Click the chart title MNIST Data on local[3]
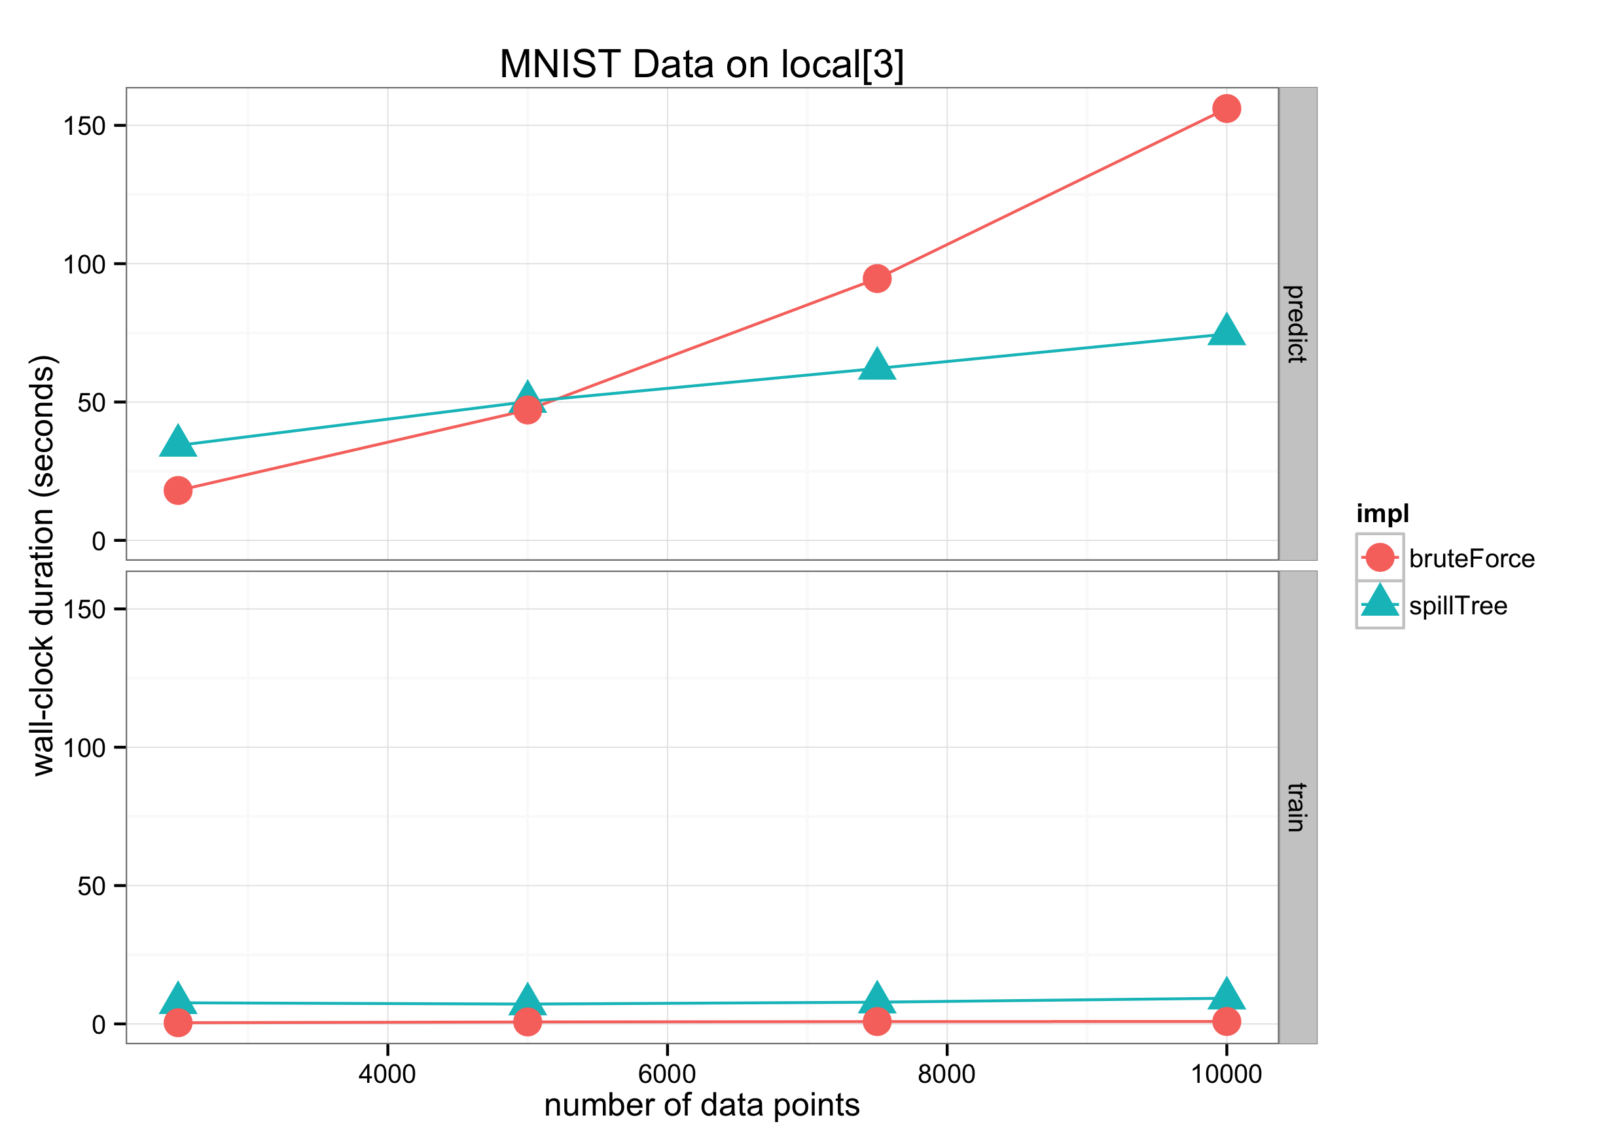click(x=701, y=64)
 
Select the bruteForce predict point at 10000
click(x=1226, y=109)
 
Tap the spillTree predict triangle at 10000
click(x=1226, y=330)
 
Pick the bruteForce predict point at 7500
click(x=876, y=279)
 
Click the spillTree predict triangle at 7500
click(x=876, y=364)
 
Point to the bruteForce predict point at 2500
click(x=177, y=490)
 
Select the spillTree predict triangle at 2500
click(x=177, y=442)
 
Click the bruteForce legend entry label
click(x=1471, y=558)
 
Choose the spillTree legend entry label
click(x=1458, y=606)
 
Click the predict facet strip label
click(x=1297, y=324)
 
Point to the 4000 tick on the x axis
click(x=387, y=1074)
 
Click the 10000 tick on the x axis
click(x=1226, y=1074)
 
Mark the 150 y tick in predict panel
click(x=84, y=126)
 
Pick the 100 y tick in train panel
click(x=84, y=747)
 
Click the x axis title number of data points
click(x=701, y=1105)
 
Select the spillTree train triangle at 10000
click(x=1226, y=995)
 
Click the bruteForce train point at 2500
click(x=177, y=1022)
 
